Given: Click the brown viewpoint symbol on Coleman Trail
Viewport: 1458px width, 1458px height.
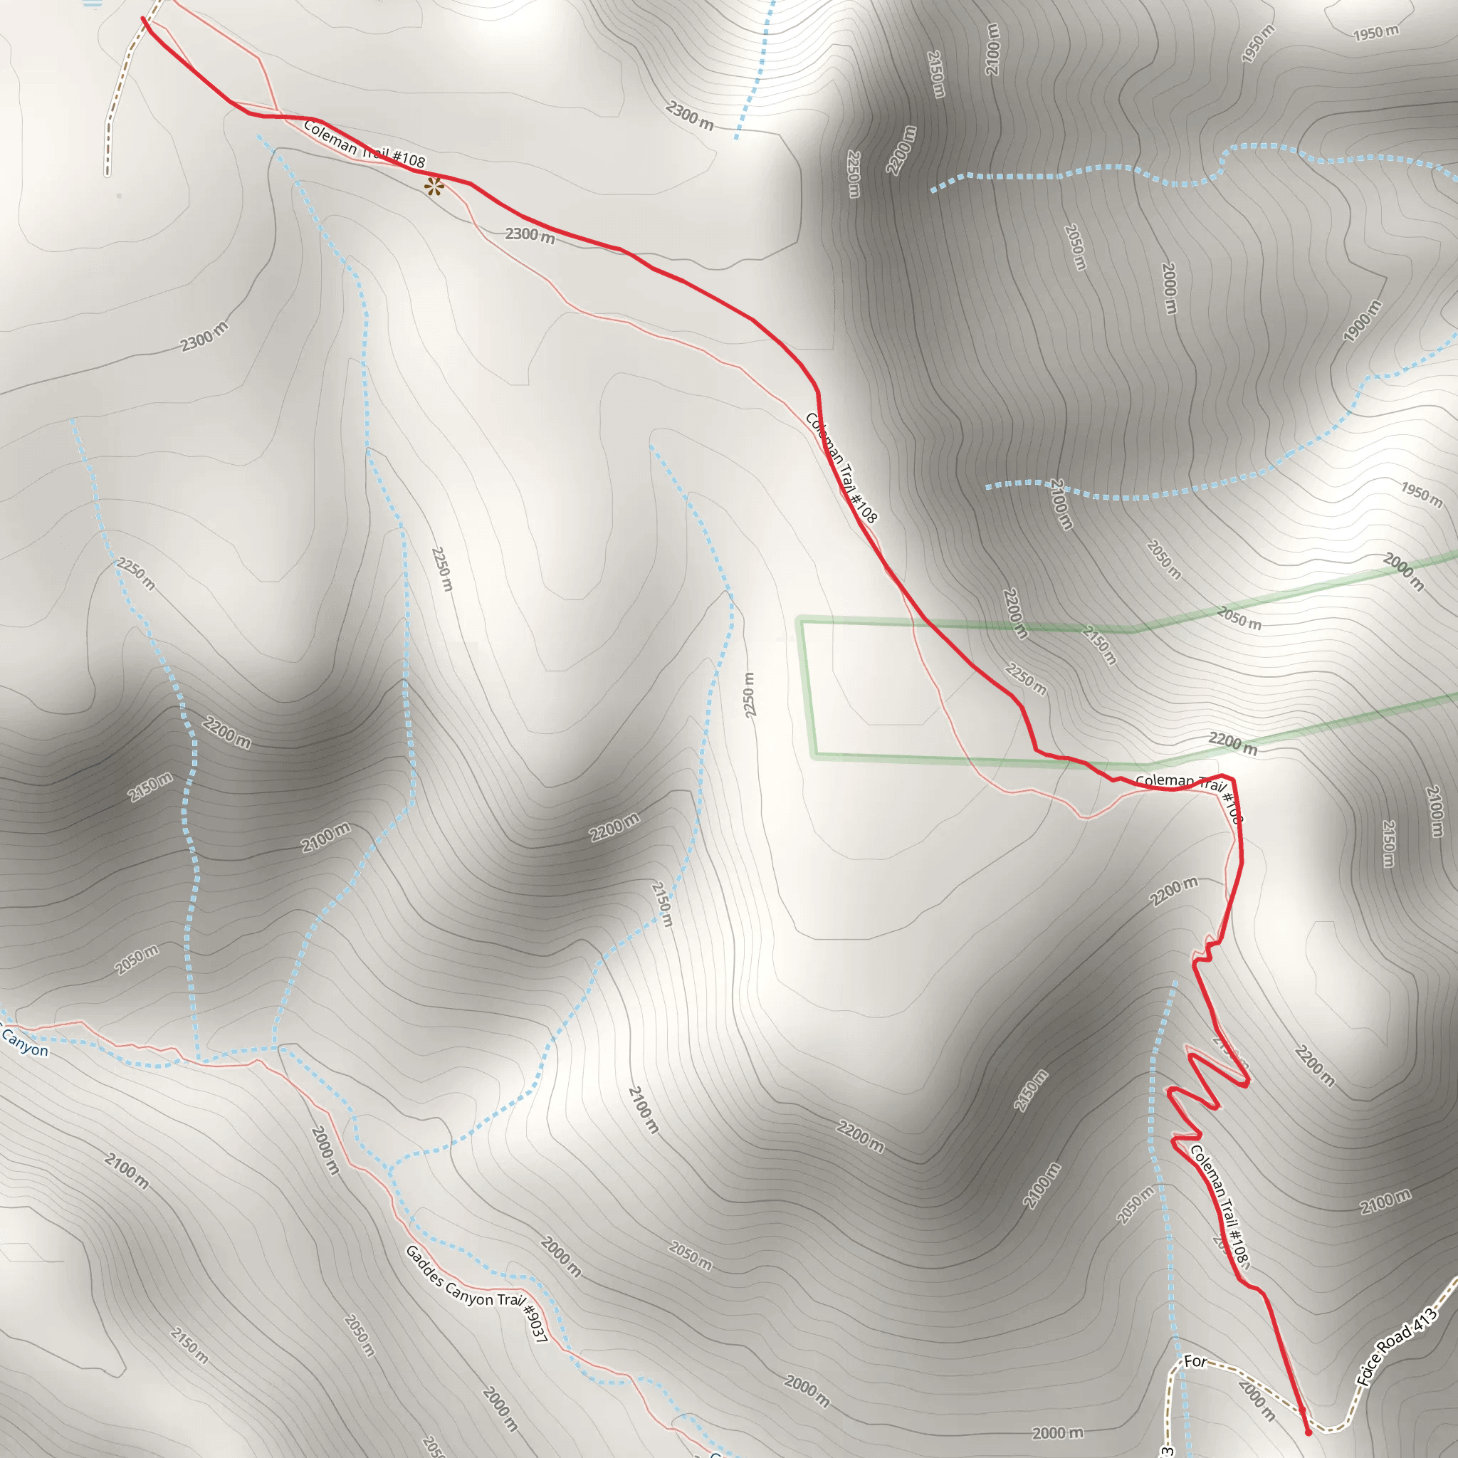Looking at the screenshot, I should pyautogui.click(x=434, y=187).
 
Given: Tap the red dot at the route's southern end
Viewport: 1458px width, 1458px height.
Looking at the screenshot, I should pyautogui.click(x=1308, y=1432).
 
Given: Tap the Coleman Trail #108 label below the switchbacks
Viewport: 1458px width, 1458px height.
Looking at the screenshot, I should pyautogui.click(x=1220, y=1206).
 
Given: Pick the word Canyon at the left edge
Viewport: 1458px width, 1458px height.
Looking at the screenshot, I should pyautogui.click(x=24, y=1042).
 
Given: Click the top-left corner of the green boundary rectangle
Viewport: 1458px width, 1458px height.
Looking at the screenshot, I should pyautogui.click(x=802, y=620).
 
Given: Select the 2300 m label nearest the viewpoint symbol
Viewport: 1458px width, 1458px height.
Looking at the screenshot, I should pyautogui.click(x=530, y=236).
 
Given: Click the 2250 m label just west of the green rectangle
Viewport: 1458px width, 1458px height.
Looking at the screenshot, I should pyautogui.click(x=750, y=694).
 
